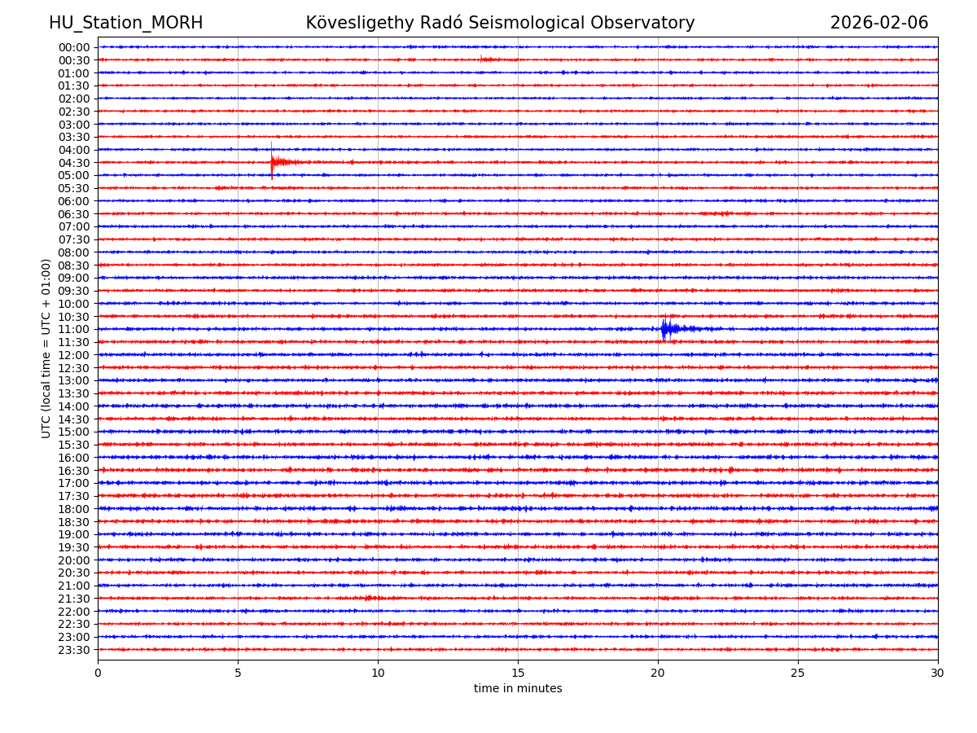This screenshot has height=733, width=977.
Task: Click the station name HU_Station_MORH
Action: point(125,23)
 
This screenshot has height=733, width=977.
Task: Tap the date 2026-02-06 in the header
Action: point(878,23)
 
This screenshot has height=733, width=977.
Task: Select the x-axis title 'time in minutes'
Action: point(518,689)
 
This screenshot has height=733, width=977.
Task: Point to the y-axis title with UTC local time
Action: point(46,348)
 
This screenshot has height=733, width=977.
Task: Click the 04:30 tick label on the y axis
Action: point(74,163)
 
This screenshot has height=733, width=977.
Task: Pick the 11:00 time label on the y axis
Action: point(74,329)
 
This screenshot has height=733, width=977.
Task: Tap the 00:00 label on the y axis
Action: point(74,47)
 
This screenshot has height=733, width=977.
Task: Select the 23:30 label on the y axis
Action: point(74,650)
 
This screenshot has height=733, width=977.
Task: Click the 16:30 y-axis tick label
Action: point(74,471)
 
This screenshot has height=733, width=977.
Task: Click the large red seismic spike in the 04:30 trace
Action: point(272,161)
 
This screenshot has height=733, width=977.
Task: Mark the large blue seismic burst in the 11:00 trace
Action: point(665,328)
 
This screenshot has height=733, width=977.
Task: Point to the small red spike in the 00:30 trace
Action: point(481,59)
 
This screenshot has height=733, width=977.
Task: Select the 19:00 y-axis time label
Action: point(74,534)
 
